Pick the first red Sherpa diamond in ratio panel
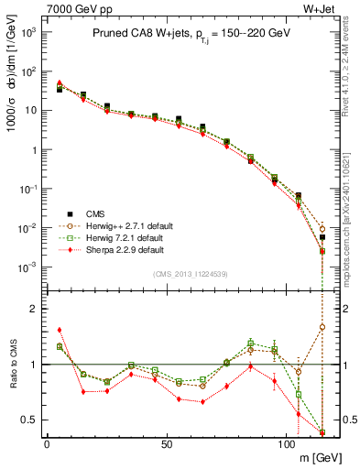[x=60, y=330]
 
